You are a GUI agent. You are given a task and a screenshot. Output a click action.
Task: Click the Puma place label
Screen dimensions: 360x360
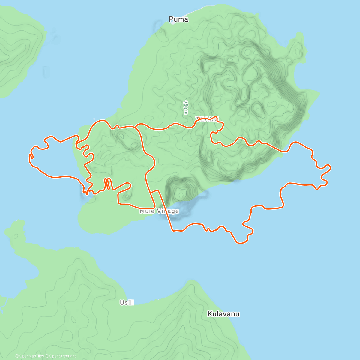(178, 19)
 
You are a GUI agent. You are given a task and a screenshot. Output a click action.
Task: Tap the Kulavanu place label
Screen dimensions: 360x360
(223, 314)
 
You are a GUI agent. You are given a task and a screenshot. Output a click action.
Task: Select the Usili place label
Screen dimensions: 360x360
(127, 303)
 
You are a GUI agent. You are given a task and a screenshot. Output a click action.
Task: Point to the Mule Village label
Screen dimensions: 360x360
(159, 211)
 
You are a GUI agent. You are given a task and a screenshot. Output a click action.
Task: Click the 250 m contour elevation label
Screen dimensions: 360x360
(186, 107)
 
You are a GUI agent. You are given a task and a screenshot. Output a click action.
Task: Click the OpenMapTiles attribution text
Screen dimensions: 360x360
(31, 356)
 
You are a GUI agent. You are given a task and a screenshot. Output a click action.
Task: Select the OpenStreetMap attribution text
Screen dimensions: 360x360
(63, 356)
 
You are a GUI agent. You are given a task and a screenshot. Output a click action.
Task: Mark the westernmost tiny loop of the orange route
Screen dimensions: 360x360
(31, 156)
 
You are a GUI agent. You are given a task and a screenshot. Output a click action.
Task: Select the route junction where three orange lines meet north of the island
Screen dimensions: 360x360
(136, 127)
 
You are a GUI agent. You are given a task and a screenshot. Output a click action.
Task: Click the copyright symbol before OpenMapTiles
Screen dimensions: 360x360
(16, 356)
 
